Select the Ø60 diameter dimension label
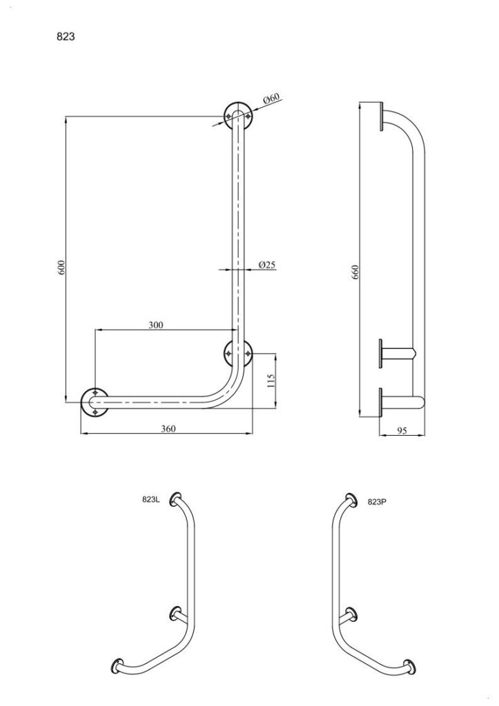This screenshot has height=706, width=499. click(271, 99)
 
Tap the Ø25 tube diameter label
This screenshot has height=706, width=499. click(267, 264)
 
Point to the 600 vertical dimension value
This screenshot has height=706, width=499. click(61, 267)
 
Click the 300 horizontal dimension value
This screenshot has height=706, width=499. click(156, 325)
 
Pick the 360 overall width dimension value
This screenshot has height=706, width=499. click(168, 428)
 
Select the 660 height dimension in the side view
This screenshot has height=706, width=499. click(356, 272)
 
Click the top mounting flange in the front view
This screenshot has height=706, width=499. click(237, 116)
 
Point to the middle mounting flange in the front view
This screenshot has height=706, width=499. click(237, 354)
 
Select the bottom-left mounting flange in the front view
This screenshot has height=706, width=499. click(95, 401)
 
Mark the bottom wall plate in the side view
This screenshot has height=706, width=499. click(382, 402)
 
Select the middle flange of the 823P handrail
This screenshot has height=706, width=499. click(351, 613)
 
